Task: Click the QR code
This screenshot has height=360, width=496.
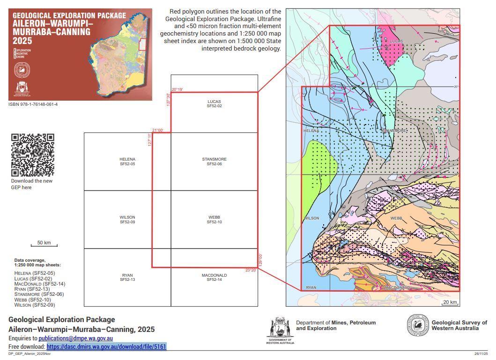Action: coord(33,155)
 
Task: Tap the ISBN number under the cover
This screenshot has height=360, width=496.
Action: coord(33,104)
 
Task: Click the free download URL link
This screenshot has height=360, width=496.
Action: coord(106,346)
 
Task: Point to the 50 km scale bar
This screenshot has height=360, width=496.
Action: coord(44,244)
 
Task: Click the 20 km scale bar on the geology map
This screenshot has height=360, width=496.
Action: coord(450,303)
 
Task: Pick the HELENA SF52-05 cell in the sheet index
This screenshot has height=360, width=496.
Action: coord(127,162)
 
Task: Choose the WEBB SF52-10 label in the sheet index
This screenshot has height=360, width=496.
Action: coord(214,220)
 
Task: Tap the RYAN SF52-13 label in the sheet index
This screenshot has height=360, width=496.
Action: coord(127,278)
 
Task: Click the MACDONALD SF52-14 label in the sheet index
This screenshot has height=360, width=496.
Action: coord(214,278)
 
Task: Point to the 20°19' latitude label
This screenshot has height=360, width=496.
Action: coord(178,89)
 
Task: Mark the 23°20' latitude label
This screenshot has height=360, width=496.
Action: coord(251,270)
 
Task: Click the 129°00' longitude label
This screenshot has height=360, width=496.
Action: coord(260,260)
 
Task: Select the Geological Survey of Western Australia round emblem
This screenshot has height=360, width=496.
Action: coord(418,325)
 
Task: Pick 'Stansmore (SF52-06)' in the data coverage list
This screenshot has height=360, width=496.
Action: coord(39,294)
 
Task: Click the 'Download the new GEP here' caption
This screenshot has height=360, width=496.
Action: coord(32,184)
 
